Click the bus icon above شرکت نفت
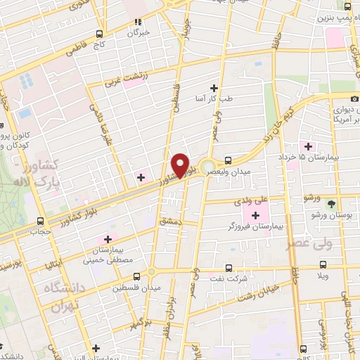click(x=229, y=267)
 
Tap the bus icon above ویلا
click(x=323, y=264)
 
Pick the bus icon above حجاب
click(x=40, y=221)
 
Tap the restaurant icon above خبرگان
click(x=139, y=22)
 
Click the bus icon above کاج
click(x=100, y=34)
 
